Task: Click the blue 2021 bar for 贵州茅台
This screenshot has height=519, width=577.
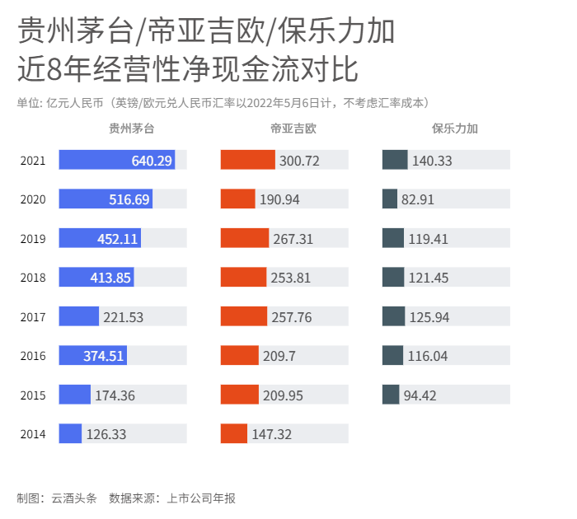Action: (x=116, y=160)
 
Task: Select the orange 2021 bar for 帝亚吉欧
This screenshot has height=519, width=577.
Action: (x=247, y=160)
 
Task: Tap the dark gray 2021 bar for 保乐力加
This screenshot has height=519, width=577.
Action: (x=395, y=160)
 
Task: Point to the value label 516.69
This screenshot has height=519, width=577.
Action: (x=129, y=199)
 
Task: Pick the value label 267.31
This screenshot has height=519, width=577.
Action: (x=293, y=239)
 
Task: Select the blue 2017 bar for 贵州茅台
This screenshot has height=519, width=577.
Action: (x=78, y=316)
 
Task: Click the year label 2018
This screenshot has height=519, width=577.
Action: (x=33, y=278)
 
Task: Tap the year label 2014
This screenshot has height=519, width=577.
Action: (x=33, y=434)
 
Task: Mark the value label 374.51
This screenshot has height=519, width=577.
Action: (x=104, y=356)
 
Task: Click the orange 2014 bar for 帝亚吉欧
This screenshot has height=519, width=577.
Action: (x=233, y=433)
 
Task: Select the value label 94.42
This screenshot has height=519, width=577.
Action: (x=420, y=395)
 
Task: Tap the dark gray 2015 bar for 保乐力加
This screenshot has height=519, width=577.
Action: (x=391, y=395)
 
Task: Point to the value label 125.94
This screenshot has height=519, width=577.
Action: (x=429, y=317)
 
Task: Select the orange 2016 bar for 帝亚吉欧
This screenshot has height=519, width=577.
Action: (x=239, y=355)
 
